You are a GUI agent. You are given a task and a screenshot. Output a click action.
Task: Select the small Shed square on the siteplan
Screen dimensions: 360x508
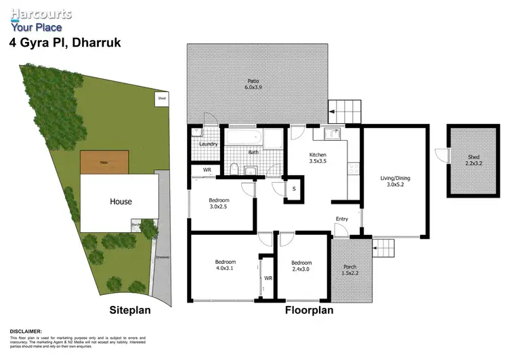coord(161,98)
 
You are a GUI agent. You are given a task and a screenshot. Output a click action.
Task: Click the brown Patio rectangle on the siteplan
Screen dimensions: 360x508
coord(104,162)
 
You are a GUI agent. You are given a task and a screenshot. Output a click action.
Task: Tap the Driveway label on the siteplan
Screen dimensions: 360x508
coord(161,257)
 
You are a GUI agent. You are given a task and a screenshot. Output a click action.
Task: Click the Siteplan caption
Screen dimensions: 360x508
coord(129,311)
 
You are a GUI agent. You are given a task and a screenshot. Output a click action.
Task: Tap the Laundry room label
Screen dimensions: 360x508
coord(207,143)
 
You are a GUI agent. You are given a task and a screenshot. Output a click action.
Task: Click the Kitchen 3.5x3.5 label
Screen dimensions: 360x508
coord(318,158)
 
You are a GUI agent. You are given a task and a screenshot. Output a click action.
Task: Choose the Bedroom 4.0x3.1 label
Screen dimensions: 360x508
coord(224,266)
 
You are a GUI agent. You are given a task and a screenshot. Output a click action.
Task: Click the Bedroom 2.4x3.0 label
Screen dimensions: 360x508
coord(301,266)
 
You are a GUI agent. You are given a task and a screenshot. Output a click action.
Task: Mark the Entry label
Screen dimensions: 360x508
coord(342,219)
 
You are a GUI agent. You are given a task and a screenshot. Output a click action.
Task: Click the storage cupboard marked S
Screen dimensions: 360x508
coord(293,188)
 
